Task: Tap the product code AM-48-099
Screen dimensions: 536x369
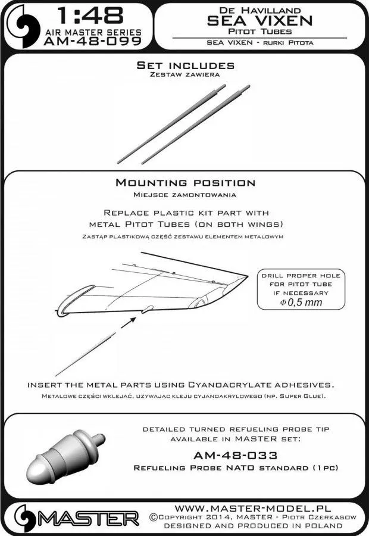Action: point(92,42)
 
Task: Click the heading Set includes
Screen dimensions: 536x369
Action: point(185,65)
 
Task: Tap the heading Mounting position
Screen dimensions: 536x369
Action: point(185,183)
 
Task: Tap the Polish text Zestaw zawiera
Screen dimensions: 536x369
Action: point(185,76)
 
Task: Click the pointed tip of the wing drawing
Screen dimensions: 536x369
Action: point(246,275)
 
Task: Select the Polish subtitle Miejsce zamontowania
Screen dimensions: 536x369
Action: point(185,194)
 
